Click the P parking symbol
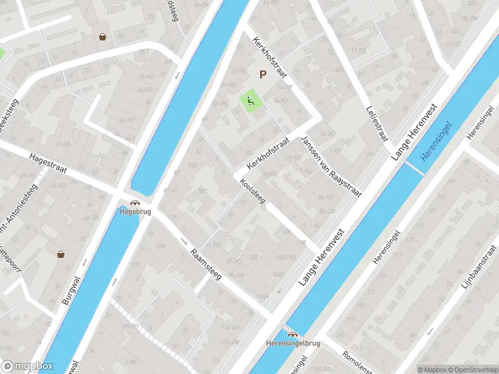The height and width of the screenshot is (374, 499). tap(263, 75)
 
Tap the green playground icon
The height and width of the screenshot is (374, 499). tap(250, 101)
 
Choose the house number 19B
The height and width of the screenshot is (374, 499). tap(253, 257)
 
